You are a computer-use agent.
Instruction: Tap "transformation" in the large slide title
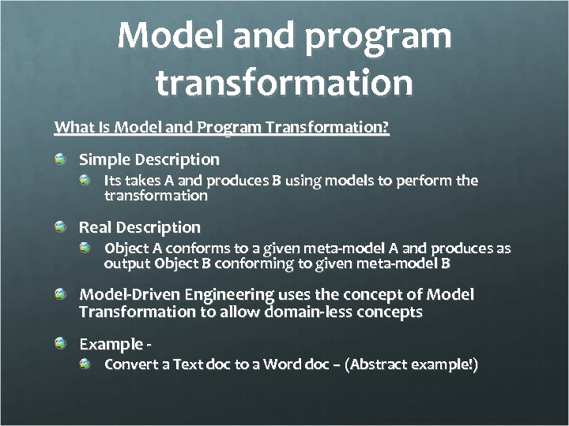point(284,83)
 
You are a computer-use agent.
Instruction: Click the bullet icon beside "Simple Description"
point(61,160)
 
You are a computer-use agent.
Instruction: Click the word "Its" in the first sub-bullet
point(115,181)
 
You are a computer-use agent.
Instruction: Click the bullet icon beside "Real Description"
point(61,228)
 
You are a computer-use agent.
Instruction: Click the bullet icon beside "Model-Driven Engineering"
point(61,295)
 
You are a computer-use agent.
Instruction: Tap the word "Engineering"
point(229,294)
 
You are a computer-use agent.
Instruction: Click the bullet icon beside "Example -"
point(61,345)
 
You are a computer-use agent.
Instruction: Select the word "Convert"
point(130,365)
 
